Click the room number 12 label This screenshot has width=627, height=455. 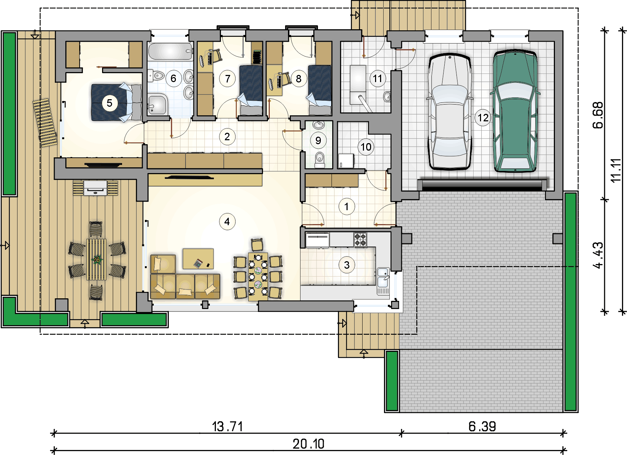tap(483, 117)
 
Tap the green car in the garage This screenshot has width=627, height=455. tap(515, 111)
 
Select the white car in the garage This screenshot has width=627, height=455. tap(450, 112)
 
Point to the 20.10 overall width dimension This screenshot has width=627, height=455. tap(309, 444)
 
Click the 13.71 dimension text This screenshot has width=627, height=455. tap(227, 426)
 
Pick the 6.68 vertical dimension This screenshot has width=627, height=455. tap(597, 115)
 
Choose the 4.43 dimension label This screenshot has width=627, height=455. tap(598, 255)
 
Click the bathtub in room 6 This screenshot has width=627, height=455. tap(171, 51)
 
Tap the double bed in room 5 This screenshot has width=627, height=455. tap(116, 103)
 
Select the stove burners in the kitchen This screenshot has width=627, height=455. tap(360, 239)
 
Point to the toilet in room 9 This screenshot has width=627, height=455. tap(319, 160)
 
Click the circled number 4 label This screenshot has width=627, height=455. tap(227, 222)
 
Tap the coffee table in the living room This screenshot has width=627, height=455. tap(198, 259)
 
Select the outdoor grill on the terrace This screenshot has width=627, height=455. tap(95, 188)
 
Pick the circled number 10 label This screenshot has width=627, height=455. tap(366, 147)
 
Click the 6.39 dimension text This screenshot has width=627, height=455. tap(482, 426)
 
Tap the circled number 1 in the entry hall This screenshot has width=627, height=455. tap(346, 207)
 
